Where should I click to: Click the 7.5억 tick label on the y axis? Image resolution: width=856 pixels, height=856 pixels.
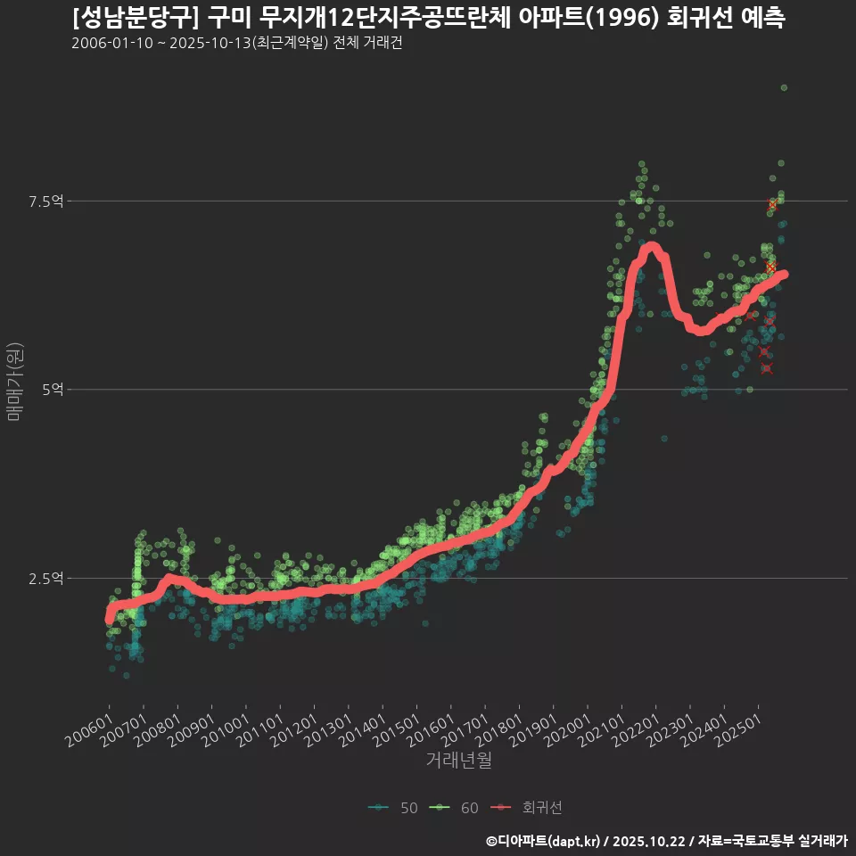[x=45, y=202]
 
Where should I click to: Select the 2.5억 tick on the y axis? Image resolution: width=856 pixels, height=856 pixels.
[x=45, y=579]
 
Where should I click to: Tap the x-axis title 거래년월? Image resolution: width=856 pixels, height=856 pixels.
[x=458, y=761]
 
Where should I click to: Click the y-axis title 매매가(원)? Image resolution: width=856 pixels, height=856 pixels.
[x=14, y=381]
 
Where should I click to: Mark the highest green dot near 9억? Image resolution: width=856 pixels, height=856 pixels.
[x=784, y=87]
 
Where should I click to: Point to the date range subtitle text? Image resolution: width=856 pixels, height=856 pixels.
[x=236, y=44]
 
